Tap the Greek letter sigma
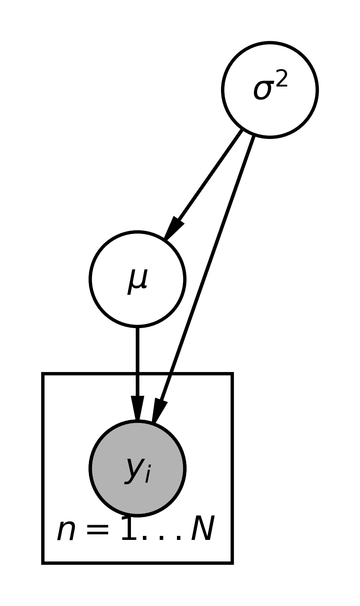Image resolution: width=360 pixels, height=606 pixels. click(262, 91)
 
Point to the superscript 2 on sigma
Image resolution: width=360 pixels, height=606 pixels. click(282, 79)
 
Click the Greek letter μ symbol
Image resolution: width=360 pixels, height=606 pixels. click(137, 281)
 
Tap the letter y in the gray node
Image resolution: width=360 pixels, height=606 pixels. click(134, 469)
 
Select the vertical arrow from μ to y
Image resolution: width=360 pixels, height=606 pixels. click(137, 360)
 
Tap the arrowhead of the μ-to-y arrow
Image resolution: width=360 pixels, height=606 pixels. click(137, 409)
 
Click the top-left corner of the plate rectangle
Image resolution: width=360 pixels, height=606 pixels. click(43, 374)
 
